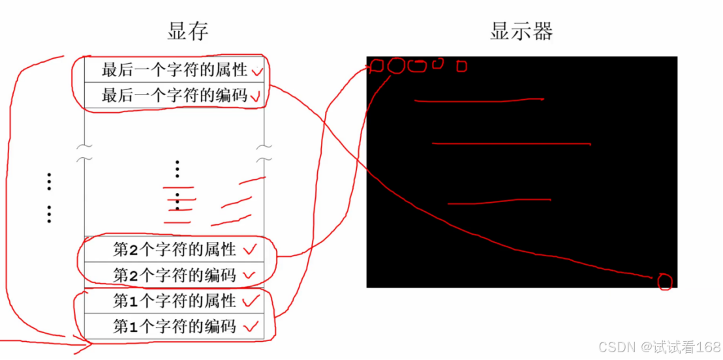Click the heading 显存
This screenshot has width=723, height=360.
(x=188, y=31)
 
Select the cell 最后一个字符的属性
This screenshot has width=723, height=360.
(x=174, y=70)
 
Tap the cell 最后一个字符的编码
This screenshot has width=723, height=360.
(x=174, y=95)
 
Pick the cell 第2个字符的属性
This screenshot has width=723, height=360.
(x=174, y=248)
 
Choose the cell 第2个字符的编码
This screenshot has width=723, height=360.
(x=174, y=275)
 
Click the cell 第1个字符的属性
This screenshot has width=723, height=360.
(x=174, y=301)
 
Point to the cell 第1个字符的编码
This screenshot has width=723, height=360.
(x=174, y=326)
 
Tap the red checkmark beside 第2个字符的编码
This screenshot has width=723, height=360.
(x=249, y=275)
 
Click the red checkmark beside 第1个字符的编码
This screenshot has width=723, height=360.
(x=251, y=325)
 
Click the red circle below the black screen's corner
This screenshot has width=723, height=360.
(x=664, y=282)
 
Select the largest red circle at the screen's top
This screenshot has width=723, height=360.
(x=396, y=66)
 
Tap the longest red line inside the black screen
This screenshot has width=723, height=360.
(x=511, y=143)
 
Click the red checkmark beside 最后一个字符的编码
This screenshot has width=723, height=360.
(x=256, y=97)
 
